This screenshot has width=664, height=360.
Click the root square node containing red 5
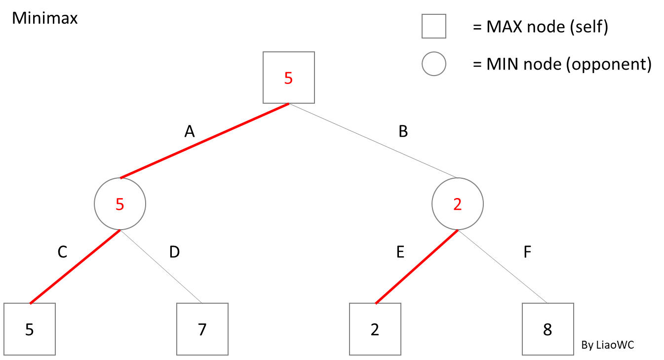click(x=288, y=78)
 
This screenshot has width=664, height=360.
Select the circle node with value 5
click(x=120, y=204)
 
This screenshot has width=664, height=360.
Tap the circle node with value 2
click(x=458, y=204)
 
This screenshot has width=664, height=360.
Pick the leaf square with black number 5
click(x=30, y=329)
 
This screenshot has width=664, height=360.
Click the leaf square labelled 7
click(x=202, y=329)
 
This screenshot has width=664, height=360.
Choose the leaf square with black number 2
click(x=375, y=329)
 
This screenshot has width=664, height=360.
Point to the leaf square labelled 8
click(x=548, y=329)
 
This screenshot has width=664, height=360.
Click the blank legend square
click(x=434, y=26)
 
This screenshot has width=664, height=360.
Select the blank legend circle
click(x=434, y=64)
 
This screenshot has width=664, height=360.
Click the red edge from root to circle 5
click(x=204, y=141)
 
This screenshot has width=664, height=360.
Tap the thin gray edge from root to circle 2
click(x=373, y=141)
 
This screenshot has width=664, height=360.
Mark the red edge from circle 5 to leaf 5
click(x=75, y=267)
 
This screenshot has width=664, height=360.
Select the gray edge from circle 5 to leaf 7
click(x=161, y=267)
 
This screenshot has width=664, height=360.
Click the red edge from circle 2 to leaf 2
click(x=417, y=267)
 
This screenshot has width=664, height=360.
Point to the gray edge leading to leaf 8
click(x=503, y=267)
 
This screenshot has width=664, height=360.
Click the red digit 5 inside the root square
click(x=288, y=78)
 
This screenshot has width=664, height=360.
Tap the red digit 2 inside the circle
click(x=458, y=204)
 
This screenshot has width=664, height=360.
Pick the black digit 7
click(x=202, y=329)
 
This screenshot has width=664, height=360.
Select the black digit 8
click(x=547, y=329)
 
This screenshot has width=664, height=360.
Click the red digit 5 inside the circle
click(x=120, y=204)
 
